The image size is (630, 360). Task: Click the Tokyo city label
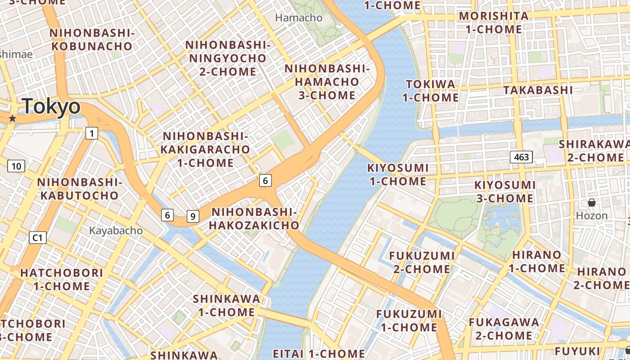click(x=51, y=107)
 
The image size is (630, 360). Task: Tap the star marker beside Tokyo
click(x=13, y=118)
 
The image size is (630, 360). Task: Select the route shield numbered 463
click(x=521, y=157)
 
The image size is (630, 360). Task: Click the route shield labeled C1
click(x=38, y=237)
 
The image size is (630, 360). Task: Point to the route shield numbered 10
click(x=16, y=166)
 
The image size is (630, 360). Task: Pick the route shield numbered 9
click(x=193, y=216)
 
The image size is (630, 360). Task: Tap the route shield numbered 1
click(x=92, y=133)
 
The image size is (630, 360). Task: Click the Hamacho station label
click(x=299, y=18)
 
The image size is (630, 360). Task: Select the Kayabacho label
click(x=116, y=231)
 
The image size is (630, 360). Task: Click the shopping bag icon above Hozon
click(x=592, y=203)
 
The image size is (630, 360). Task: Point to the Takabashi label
click(x=538, y=90)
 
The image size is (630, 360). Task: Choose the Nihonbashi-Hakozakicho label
click(x=255, y=219)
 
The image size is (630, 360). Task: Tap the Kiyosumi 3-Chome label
click(x=504, y=192)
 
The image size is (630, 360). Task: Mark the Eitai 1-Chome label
click(x=319, y=354)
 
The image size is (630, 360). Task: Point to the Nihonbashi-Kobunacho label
click(x=92, y=40)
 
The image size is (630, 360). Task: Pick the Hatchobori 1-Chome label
click(x=62, y=279)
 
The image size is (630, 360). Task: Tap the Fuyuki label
click(x=577, y=351)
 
